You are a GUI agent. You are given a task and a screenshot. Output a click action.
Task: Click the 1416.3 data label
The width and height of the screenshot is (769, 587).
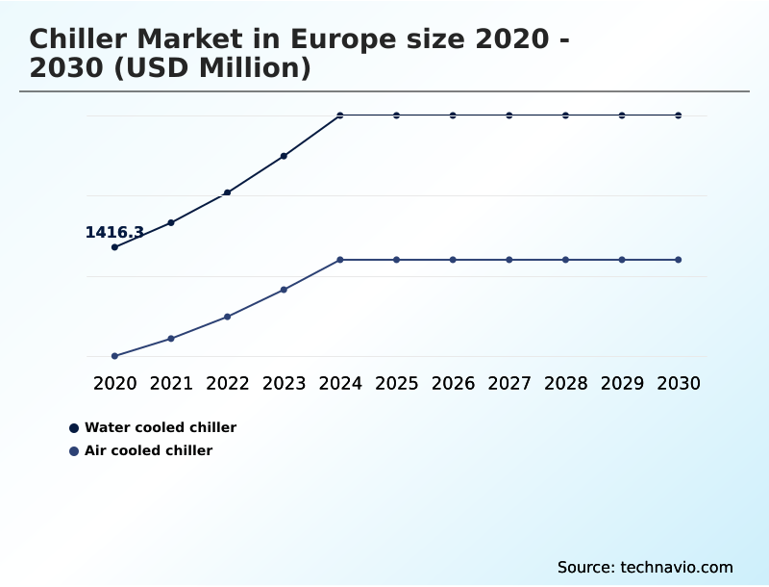114,232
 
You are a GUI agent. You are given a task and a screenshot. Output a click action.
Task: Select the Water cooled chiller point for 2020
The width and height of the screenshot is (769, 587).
114,247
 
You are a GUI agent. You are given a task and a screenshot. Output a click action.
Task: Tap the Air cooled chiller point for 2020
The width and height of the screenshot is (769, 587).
114,356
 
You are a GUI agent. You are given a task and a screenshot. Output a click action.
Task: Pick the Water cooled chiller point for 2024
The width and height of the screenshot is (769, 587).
340,115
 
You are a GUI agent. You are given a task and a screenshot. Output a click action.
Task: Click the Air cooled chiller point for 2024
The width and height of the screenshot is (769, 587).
340,260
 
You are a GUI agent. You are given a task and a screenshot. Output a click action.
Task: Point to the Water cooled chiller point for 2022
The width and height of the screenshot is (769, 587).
227,192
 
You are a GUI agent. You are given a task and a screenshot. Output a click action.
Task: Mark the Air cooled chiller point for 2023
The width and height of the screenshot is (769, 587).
284,290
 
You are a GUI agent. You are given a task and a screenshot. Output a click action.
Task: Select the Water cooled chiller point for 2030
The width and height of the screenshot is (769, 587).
679,115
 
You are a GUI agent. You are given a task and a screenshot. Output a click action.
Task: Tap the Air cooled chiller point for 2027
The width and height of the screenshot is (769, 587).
509,260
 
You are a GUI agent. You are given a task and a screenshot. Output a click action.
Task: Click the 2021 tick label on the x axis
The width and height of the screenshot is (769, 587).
171,383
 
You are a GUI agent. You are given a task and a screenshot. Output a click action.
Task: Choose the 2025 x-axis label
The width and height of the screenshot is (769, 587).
396,383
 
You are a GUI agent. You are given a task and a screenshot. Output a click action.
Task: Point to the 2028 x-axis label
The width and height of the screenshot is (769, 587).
565,383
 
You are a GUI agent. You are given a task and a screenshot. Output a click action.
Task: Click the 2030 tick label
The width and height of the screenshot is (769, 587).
679,383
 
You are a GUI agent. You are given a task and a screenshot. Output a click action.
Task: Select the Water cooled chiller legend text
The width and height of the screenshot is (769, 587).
161,427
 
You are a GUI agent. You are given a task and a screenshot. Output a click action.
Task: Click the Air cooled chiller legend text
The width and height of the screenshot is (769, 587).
148,450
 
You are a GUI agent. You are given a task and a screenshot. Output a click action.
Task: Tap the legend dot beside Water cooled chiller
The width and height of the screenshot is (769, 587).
74,428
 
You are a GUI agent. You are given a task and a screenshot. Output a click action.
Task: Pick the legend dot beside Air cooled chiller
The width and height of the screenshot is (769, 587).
74,451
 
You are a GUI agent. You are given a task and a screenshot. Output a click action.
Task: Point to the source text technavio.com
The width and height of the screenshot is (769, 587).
677,567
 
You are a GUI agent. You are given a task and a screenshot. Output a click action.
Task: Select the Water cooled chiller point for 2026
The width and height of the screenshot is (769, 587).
453,115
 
